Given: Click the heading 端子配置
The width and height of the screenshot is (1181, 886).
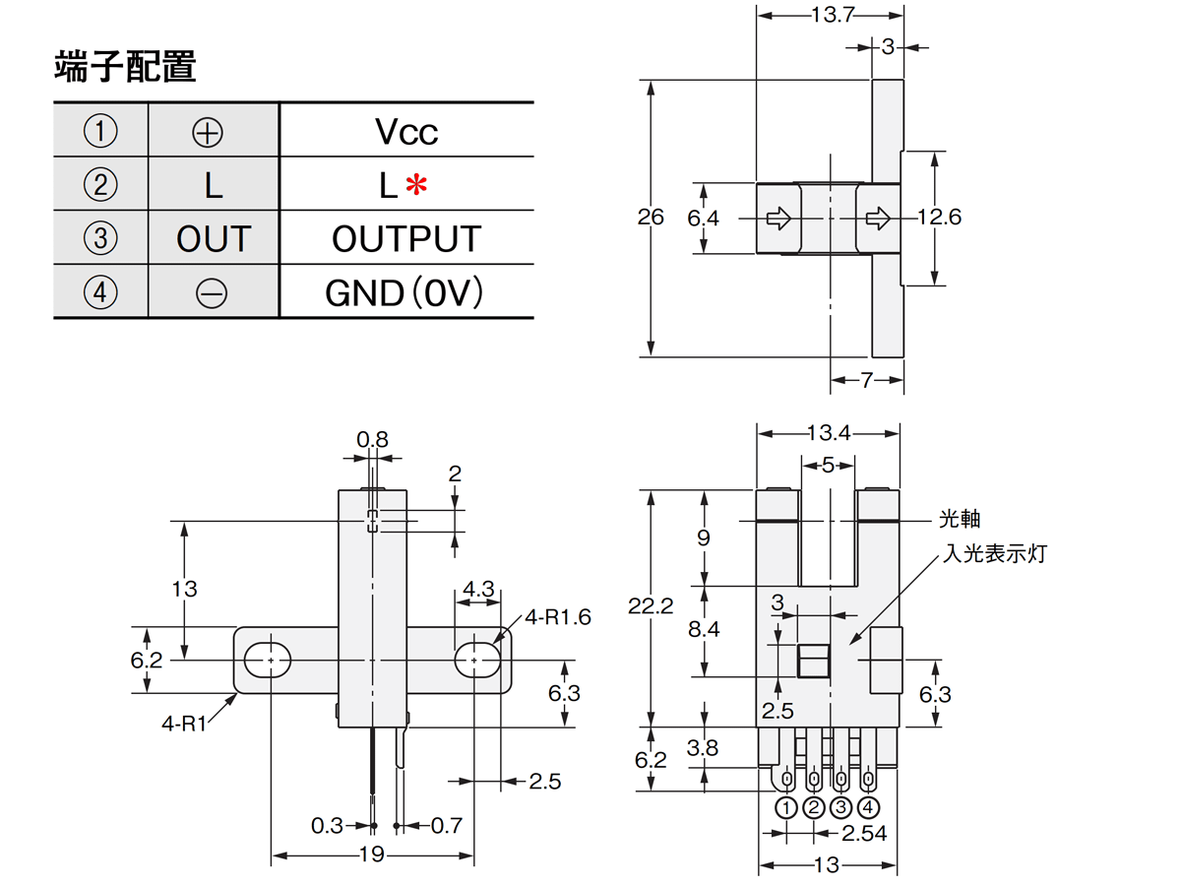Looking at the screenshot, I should [x=125, y=67].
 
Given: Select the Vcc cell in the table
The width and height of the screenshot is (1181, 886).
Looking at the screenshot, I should [x=406, y=132].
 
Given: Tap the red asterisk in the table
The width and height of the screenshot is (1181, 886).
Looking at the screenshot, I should [x=418, y=184].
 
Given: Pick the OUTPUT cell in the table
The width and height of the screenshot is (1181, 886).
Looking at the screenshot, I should [x=406, y=239].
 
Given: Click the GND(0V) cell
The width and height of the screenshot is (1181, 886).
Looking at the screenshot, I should [x=404, y=292].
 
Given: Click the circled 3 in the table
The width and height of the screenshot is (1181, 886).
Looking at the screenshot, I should [x=99, y=239].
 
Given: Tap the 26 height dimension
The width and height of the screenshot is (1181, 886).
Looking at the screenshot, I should [x=651, y=218].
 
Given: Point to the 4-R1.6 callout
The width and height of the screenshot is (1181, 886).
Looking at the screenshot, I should [x=557, y=617].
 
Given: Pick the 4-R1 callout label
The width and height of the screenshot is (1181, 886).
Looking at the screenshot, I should [x=183, y=724].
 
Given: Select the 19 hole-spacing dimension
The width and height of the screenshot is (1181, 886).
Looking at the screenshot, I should [x=371, y=854].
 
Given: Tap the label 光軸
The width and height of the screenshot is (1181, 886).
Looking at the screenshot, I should [x=960, y=519].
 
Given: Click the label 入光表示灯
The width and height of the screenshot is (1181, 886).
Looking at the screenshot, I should [x=995, y=554].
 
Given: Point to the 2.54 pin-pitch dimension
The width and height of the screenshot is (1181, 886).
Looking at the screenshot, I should [x=864, y=834].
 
